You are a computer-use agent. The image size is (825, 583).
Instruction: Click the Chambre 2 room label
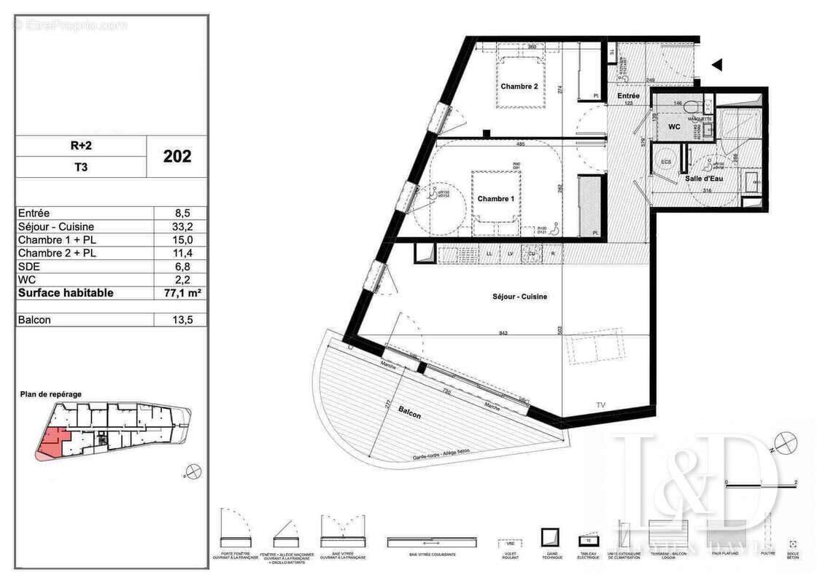(x=519, y=87)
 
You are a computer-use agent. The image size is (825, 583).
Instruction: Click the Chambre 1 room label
(x=495, y=199)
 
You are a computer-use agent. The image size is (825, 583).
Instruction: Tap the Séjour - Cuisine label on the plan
(x=519, y=297)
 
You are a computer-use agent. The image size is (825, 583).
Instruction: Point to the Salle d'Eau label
(x=703, y=179)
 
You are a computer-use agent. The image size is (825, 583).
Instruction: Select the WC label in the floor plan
(x=674, y=127)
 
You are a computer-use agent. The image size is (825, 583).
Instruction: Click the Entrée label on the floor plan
(x=628, y=95)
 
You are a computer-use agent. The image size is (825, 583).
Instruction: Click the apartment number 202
(x=177, y=156)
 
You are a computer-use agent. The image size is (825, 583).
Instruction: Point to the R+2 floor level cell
(x=80, y=146)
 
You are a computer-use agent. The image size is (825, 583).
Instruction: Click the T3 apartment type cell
(x=80, y=167)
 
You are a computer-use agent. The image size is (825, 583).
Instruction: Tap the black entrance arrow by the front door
(x=716, y=65)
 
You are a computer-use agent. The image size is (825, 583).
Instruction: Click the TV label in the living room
(x=601, y=404)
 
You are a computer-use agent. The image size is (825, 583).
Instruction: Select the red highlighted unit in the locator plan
(x=53, y=442)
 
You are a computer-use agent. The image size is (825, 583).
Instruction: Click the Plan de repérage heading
(x=51, y=394)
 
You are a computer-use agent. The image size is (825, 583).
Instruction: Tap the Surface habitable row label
(x=66, y=293)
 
